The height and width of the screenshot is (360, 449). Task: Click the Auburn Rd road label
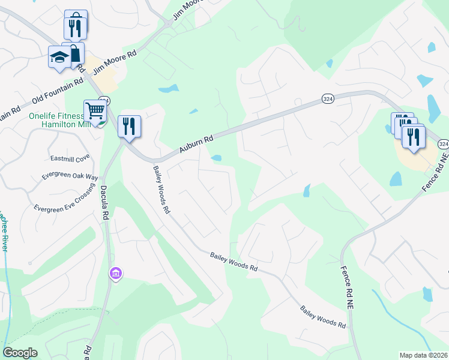pos(196,145)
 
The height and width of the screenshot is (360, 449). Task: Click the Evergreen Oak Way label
pos(70,176)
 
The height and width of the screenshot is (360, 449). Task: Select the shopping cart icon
pos(95,111)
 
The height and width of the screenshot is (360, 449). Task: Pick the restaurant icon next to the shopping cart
pos(128,126)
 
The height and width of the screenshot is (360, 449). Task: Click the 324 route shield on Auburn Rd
pos(327,98)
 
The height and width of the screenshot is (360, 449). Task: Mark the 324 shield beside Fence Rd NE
pos(443,145)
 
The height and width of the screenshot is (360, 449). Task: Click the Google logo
pos(20,353)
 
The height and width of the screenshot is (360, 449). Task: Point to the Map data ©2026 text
pos(423,355)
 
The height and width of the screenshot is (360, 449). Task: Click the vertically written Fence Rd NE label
pos(346,287)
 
